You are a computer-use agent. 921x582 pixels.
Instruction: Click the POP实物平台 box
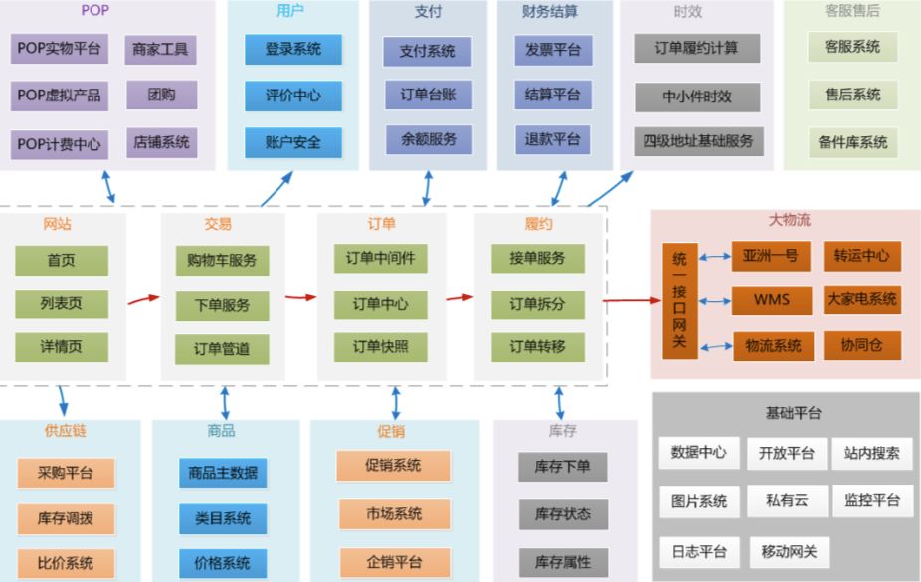59,48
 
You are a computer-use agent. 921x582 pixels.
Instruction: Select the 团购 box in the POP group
161,96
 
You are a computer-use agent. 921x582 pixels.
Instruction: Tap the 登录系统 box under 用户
292,49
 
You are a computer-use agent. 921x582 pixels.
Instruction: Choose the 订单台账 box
428,96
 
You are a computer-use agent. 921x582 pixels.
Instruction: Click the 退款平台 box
553,139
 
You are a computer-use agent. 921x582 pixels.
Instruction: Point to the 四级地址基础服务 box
697,140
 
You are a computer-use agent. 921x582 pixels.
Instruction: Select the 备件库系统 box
852,142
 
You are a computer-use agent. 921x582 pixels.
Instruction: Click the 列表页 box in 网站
62,303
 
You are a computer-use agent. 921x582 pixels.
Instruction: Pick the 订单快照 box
380,346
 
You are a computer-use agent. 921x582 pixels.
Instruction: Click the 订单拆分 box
537,304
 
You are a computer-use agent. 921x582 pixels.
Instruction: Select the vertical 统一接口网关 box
679,299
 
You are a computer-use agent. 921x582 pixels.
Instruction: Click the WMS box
771,299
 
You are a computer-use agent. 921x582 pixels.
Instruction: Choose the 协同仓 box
861,345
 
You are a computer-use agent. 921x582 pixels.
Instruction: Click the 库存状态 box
563,514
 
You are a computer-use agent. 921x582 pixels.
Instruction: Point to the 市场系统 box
395,514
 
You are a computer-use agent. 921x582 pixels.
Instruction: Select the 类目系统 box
224,518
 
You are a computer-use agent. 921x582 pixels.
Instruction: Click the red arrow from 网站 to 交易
143,296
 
